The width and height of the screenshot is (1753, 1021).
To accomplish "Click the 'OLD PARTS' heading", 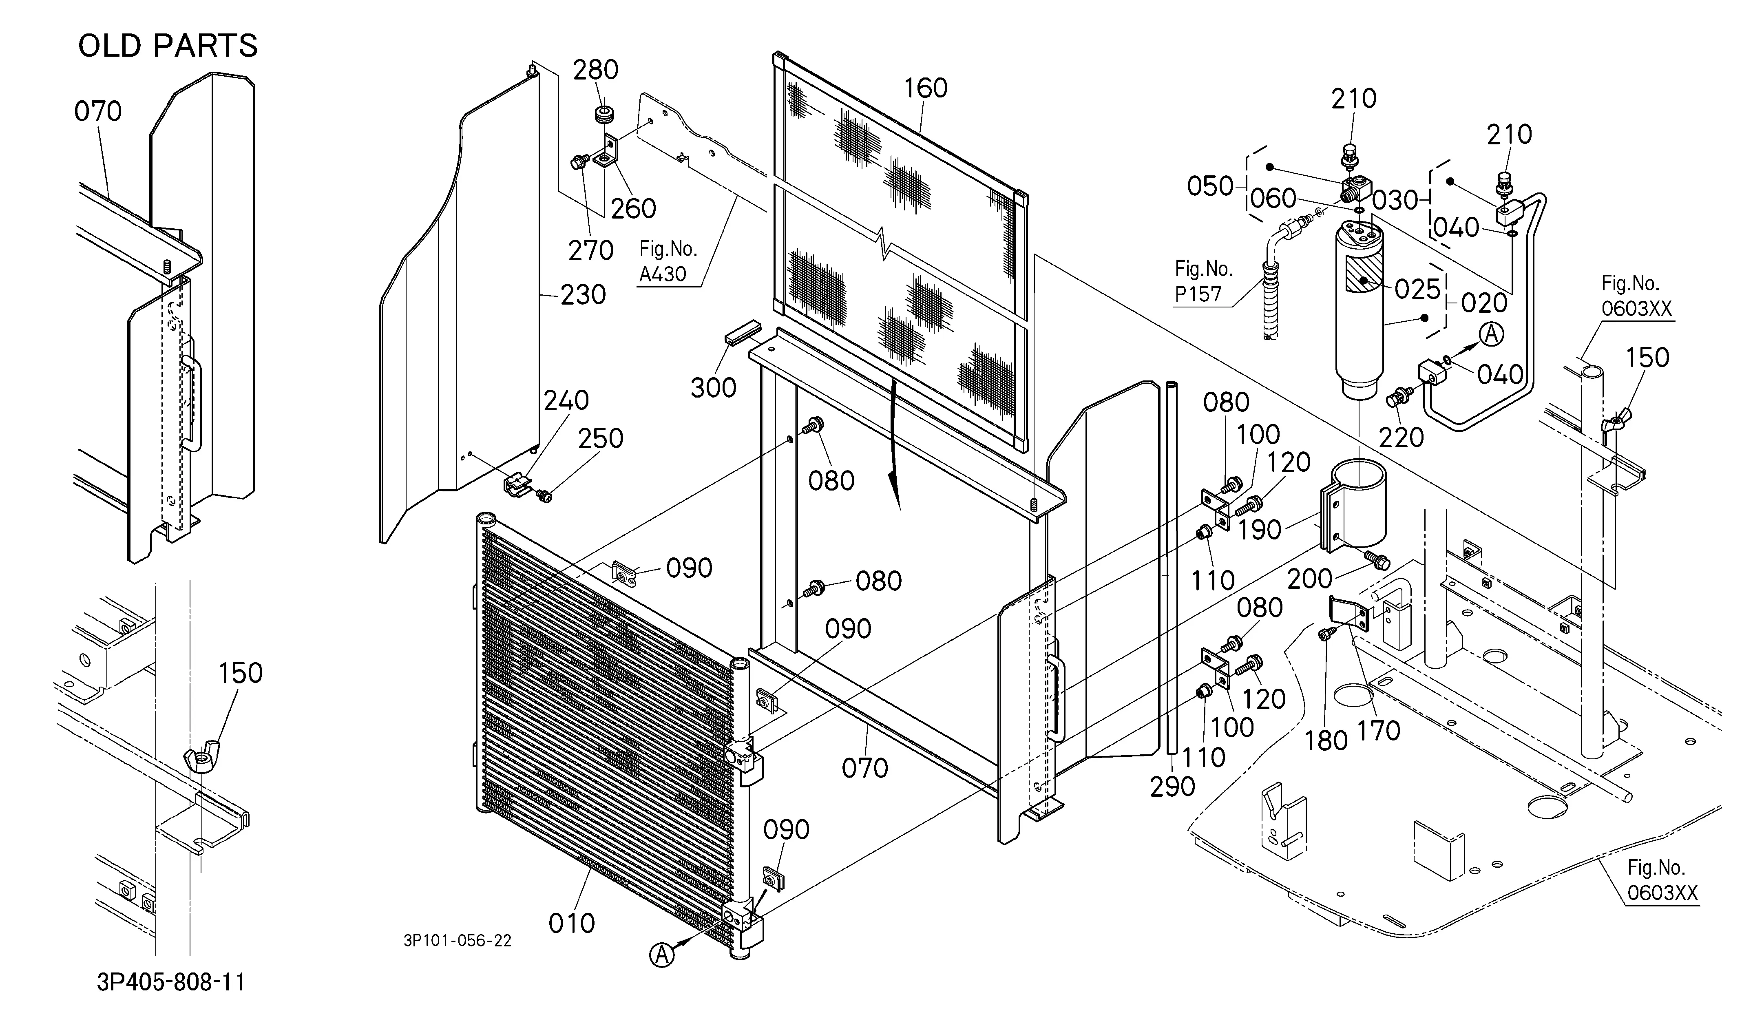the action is [x=168, y=46].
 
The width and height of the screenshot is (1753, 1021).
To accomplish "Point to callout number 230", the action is [x=583, y=295].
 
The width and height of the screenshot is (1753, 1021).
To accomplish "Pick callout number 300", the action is [x=713, y=387].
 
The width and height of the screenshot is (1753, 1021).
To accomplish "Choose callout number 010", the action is [x=572, y=923].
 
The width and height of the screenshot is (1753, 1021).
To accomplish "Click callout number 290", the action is [x=1172, y=787].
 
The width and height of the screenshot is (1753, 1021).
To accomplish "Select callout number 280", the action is [x=595, y=70].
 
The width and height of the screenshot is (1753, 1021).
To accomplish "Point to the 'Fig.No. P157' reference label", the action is [x=1203, y=281].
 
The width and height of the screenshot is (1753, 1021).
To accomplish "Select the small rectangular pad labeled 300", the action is [x=742, y=332].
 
